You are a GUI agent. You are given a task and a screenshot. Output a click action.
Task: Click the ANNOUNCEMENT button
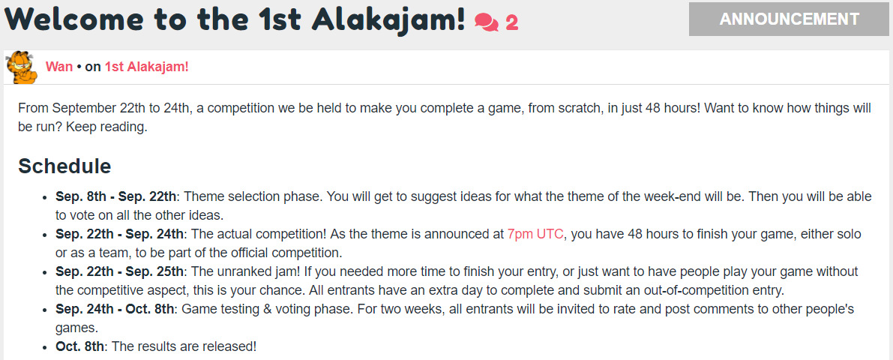(789, 19)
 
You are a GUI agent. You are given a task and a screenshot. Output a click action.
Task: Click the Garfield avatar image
(21, 67)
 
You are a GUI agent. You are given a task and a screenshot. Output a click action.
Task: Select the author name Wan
(59, 67)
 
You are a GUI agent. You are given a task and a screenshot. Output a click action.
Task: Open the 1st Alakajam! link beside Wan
(146, 67)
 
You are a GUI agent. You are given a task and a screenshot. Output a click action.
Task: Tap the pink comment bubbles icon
(487, 22)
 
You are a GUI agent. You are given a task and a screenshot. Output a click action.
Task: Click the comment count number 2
(511, 22)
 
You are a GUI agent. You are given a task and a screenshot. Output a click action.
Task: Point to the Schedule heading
(64, 166)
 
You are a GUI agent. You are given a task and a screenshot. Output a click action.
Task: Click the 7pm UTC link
(535, 234)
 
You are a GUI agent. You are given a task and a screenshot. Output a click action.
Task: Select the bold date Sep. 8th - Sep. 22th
(116, 196)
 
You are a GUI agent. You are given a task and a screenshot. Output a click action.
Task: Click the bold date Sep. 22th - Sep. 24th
(120, 234)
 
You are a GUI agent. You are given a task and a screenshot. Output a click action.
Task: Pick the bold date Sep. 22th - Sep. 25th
(120, 271)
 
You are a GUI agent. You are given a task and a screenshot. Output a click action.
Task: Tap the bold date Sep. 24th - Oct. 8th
(116, 309)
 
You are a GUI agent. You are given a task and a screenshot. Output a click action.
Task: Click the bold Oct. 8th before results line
(80, 346)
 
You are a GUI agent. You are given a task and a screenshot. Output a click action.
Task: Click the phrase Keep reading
(107, 127)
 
